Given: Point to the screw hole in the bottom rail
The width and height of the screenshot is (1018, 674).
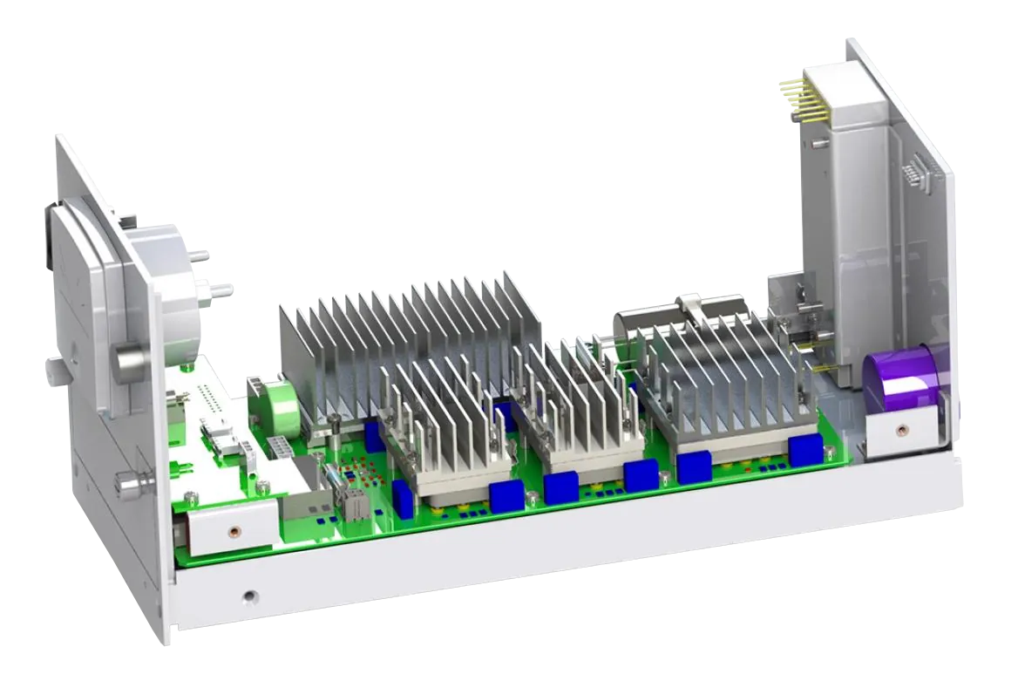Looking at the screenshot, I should pyautogui.click(x=250, y=596).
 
